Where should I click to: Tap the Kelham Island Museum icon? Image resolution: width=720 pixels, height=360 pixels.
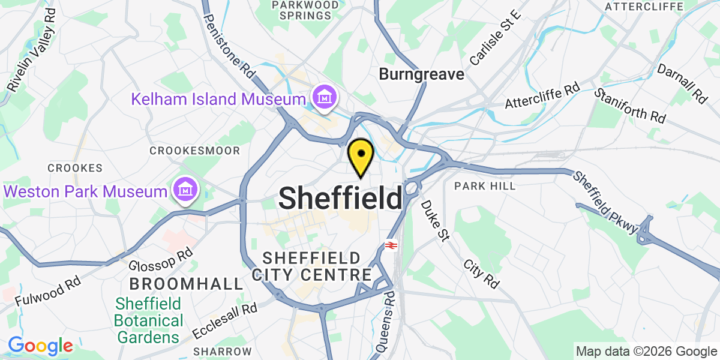(x=324, y=97)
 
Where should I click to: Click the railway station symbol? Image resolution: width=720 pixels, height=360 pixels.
(x=392, y=245)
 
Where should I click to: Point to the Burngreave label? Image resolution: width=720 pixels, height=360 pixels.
(x=422, y=74)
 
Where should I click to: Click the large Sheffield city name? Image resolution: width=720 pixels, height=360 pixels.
(x=340, y=198)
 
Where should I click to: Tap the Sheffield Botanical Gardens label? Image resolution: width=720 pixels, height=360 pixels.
(x=149, y=320)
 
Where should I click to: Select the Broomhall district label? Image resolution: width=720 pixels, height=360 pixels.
(x=187, y=283)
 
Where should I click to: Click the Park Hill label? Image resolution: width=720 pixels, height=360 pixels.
(x=485, y=186)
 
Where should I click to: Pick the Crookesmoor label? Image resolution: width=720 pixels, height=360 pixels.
(x=195, y=151)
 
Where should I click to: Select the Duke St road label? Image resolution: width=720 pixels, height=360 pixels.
(x=434, y=222)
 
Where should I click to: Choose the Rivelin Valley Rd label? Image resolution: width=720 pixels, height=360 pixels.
(x=32, y=50)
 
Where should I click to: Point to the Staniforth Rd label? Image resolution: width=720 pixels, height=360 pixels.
(x=630, y=106)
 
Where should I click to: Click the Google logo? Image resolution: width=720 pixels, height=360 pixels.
(x=40, y=346)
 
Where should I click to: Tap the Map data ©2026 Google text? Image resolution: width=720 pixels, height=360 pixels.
(x=646, y=352)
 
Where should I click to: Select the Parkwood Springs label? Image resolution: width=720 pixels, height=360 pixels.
(x=305, y=10)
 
